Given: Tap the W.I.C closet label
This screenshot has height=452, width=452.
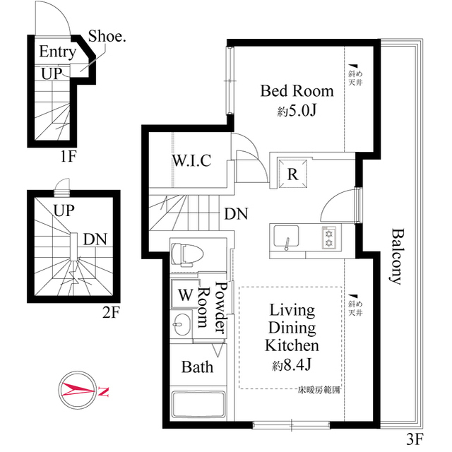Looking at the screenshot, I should pos(191,160).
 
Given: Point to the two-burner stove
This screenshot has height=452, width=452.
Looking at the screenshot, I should pos(330,237).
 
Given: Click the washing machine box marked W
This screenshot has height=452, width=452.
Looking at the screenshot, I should pos(183,293).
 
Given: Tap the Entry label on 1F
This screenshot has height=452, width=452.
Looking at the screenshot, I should pos(57,52).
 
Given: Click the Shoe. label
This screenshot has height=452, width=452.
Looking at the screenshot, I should pos(107,37).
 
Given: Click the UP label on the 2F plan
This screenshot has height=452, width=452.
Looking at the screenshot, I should pos(65,210).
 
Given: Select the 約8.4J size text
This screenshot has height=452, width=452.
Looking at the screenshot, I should pos(292,364).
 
